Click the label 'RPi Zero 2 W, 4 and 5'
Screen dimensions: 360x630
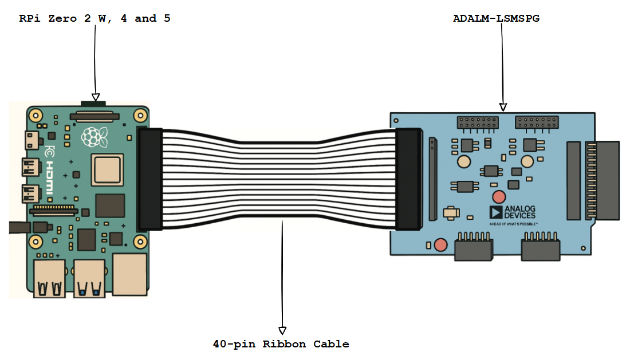pos(94,19)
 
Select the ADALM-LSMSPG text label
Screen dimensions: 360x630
pos(496,18)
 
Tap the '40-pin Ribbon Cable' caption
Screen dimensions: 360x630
pos(281,344)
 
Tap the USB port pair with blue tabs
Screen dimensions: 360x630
pos(89,279)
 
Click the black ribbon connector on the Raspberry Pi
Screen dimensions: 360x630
pos(150,179)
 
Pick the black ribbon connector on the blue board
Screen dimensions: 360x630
pos(408,179)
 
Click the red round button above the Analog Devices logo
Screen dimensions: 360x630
pos(499,197)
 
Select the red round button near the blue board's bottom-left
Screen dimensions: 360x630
pos(440,245)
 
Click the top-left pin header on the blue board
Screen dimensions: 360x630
pos(477,122)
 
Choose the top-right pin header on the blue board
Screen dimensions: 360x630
pos(537,122)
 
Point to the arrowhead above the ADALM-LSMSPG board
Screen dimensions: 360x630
pos(503,107)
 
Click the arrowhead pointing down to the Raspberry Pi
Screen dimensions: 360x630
pos(96,97)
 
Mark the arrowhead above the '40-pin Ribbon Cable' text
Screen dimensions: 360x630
pos(282,330)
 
